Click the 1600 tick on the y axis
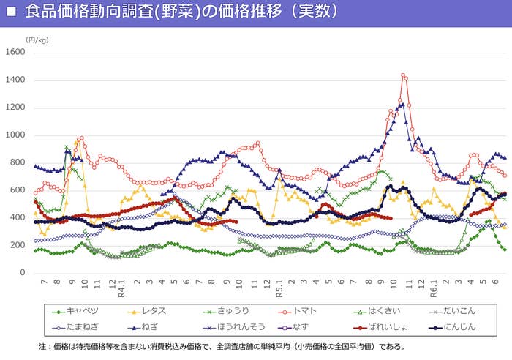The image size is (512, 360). click(15, 52)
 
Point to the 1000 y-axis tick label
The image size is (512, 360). click(15, 135)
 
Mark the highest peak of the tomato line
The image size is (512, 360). click(403, 75)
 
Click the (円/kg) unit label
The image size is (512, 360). click(37, 40)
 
